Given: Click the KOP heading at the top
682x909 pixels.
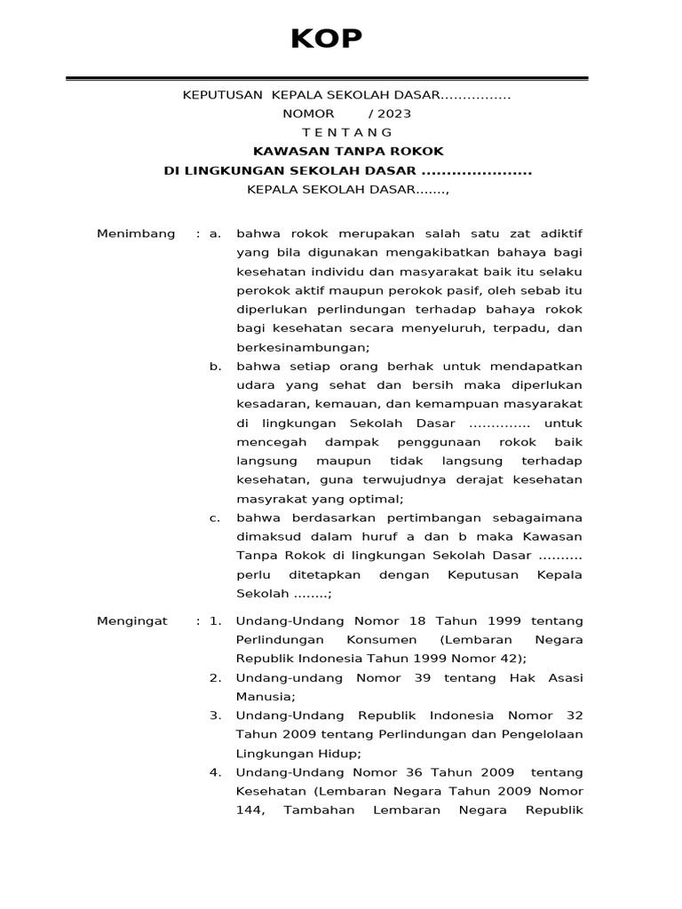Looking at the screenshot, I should (327, 39).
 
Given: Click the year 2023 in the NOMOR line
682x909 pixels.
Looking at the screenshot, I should (394, 114).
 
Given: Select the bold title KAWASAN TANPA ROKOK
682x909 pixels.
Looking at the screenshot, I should (347, 151).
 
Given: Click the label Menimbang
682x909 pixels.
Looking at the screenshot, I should (137, 233).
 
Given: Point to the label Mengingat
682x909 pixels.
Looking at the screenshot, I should (132, 620).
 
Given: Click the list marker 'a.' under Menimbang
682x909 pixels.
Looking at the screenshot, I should (214, 233).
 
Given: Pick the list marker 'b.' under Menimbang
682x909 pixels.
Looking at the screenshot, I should (214, 367).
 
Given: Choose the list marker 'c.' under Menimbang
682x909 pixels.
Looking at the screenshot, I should (214, 518).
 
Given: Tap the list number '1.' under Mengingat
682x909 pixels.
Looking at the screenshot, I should (215, 620).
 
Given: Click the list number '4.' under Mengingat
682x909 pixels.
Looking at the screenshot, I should (215, 771).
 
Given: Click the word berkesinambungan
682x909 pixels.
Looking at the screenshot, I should (302, 347).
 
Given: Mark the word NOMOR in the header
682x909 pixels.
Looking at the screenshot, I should (308, 114).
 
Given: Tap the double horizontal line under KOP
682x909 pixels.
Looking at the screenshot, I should (327, 79).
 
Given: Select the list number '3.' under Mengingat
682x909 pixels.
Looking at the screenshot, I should (215, 715).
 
